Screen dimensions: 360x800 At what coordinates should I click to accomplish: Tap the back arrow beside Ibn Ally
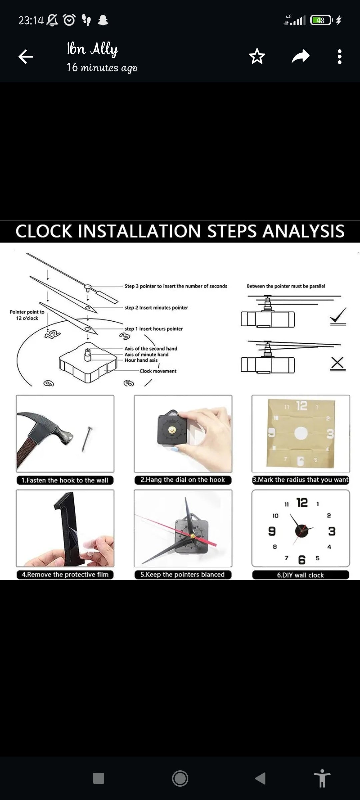tap(26, 56)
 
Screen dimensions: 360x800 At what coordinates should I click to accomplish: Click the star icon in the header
tap(257, 56)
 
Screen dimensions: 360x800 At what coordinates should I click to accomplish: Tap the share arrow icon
tap(301, 56)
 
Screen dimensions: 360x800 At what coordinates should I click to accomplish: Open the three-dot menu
tap(340, 57)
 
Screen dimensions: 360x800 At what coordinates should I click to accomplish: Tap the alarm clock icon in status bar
tap(69, 20)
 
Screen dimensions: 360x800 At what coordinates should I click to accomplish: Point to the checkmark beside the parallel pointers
tap(338, 316)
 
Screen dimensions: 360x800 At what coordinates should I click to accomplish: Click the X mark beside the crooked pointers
tap(338, 364)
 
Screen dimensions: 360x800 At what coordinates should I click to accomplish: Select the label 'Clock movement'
tap(158, 371)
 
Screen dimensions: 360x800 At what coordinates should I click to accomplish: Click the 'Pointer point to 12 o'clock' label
tap(27, 315)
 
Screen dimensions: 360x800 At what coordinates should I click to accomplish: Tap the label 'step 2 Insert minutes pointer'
tap(156, 308)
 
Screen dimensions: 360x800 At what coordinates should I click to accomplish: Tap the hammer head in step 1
tap(50, 427)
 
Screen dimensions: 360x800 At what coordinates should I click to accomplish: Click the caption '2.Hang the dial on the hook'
tap(183, 480)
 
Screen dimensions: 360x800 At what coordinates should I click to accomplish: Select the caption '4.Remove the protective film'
tap(65, 574)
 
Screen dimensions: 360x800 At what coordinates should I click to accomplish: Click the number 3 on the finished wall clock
tap(332, 531)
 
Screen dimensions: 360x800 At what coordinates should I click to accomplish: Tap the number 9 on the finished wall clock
tap(272, 531)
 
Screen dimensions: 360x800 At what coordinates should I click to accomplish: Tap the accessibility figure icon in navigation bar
tap(322, 778)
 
